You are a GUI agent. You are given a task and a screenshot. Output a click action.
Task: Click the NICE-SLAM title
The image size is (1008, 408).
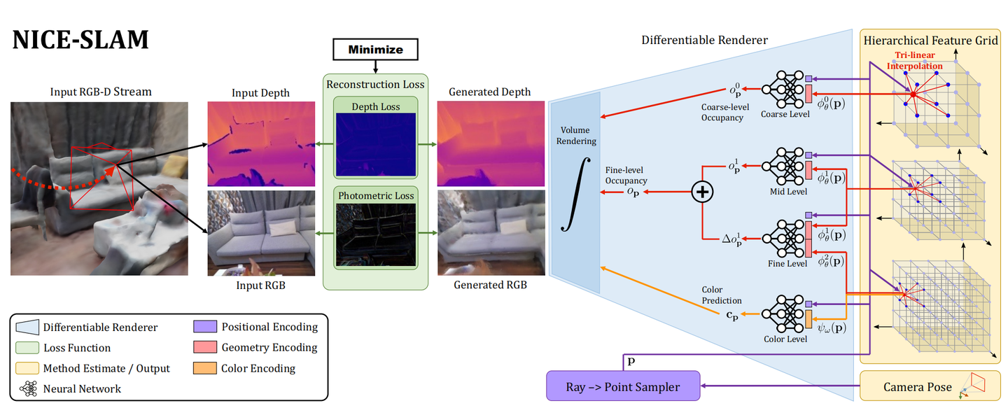80,40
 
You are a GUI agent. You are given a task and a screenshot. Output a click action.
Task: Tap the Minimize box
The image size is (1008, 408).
375,50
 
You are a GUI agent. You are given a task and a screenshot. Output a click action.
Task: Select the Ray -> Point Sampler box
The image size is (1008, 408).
623,386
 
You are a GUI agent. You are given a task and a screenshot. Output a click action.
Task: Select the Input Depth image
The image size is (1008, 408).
261,143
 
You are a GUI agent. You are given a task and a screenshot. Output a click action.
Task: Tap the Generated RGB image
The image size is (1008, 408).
490,233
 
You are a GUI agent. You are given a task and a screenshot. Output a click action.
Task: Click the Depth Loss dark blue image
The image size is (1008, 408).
375,146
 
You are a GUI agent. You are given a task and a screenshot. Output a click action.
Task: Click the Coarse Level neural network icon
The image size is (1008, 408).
783,90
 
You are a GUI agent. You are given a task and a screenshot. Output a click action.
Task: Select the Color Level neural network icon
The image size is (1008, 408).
783,316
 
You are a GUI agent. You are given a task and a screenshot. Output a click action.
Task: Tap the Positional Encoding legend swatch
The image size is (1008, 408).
204,327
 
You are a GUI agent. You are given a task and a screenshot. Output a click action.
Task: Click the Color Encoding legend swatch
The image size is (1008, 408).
204,368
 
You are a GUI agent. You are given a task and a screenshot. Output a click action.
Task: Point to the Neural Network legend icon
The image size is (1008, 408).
29,388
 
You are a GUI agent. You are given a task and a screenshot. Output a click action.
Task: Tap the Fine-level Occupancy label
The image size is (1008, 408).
626,175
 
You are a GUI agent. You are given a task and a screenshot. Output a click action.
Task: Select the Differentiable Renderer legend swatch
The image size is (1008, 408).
27,327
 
